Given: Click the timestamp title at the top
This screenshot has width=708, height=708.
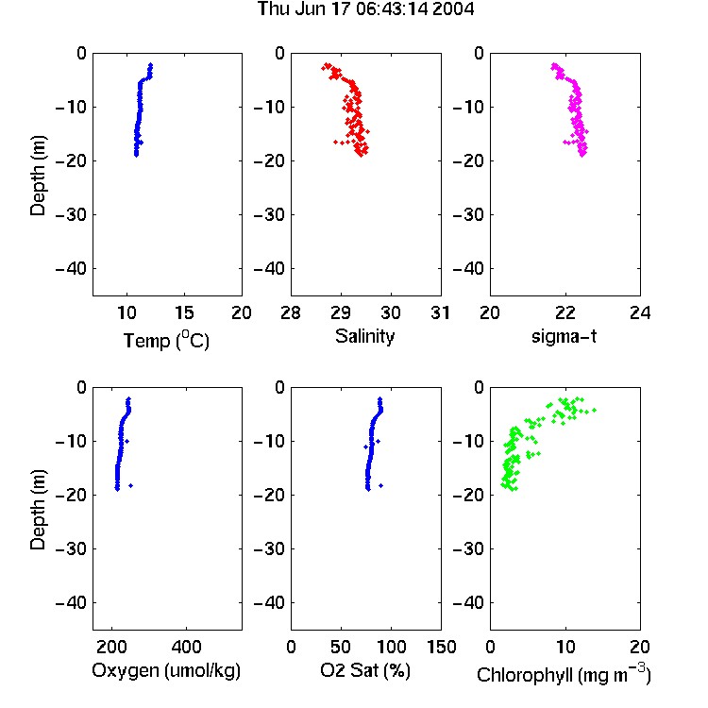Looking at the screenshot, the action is click(x=365, y=8).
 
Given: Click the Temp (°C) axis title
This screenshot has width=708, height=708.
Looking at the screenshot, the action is click(x=166, y=340).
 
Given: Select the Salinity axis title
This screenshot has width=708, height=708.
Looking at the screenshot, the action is click(x=364, y=336).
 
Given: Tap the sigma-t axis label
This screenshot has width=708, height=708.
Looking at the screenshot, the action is click(x=564, y=336).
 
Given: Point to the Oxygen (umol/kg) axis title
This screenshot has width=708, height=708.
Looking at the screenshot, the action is click(x=166, y=670).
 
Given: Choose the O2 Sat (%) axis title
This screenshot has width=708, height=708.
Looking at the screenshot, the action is click(x=365, y=670).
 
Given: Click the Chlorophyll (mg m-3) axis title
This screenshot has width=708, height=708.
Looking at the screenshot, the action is click(x=564, y=674).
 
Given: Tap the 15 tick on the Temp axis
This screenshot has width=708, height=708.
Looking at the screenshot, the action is click(x=184, y=312).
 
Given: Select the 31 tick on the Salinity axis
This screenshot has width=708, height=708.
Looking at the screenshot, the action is click(x=441, y=312).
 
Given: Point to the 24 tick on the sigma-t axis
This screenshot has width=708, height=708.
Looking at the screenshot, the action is click(x=640, y=312).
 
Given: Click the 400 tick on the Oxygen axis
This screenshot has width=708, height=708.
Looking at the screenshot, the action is click(x=186, y=647).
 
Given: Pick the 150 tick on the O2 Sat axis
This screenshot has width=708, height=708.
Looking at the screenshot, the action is click(x=441, y=647).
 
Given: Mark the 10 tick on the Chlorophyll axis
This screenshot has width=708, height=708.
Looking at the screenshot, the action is click(x=565, y=647).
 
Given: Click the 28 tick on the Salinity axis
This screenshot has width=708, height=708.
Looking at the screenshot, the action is click(x=291, y=312).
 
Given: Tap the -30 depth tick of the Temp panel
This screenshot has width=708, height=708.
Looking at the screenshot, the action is click(x=71, y=215).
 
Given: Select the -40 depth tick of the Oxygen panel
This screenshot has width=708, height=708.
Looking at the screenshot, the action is click(x=71, y=603).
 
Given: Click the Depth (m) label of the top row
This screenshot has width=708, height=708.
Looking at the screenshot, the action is click(x=38, y=176).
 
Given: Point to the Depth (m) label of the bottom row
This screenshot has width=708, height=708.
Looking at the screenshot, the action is click(x=38, y=510).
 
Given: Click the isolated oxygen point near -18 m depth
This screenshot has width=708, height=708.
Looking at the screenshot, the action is click(x=131, y=486).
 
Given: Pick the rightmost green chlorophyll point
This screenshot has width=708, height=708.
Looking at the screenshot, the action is click(x=594, y=410).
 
